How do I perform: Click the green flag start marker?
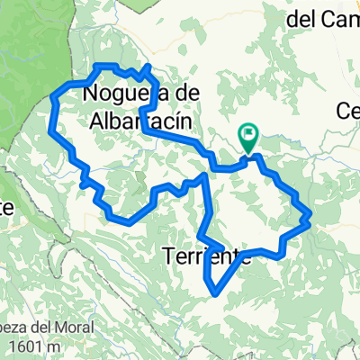(x=248, y=138)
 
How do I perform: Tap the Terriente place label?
(x=208, y=256)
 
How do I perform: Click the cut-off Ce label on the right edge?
(x=348, y=110)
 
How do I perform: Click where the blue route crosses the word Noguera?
(x=142, y=94)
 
